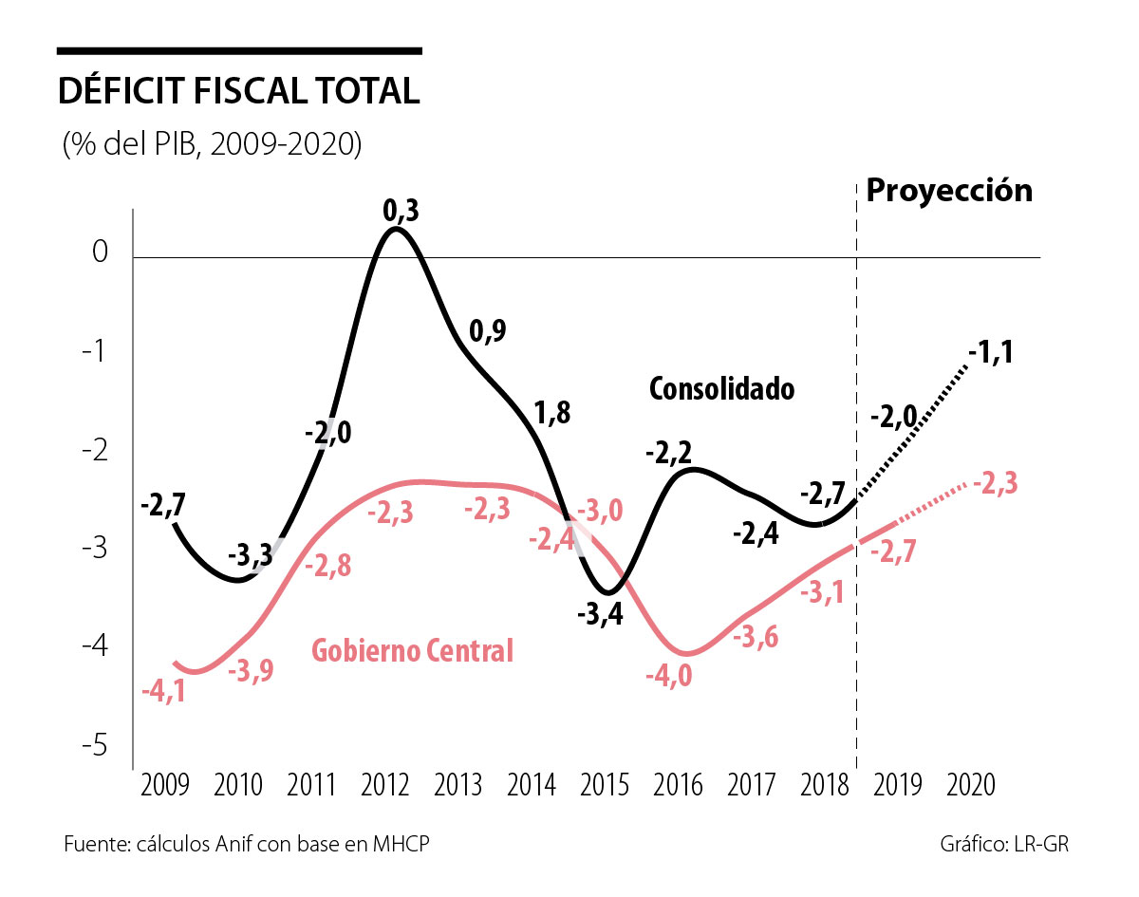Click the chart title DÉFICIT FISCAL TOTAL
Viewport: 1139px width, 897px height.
click(238, 91)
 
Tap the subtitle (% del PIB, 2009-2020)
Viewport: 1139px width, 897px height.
click(212, 145)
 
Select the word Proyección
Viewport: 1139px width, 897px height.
click(948, 190)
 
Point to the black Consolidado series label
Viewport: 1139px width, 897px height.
click(721, 388)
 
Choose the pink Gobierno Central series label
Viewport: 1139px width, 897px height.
click(413, 651)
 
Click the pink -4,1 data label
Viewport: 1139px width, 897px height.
click(162, 691)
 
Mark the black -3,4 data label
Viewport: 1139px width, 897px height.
click(600, 615)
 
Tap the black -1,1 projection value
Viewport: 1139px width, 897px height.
click(991, 353)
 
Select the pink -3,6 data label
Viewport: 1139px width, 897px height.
click(756, 637)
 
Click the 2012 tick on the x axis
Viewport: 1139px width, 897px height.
click(385, 786)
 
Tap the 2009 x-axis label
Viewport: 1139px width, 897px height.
click(164, 786)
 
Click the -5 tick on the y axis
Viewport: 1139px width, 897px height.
click(94, 746)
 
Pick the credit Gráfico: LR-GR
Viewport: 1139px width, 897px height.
click(1004, 845)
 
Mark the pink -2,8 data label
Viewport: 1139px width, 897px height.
click(328, 566)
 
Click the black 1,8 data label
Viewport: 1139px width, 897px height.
click(551, 414)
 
